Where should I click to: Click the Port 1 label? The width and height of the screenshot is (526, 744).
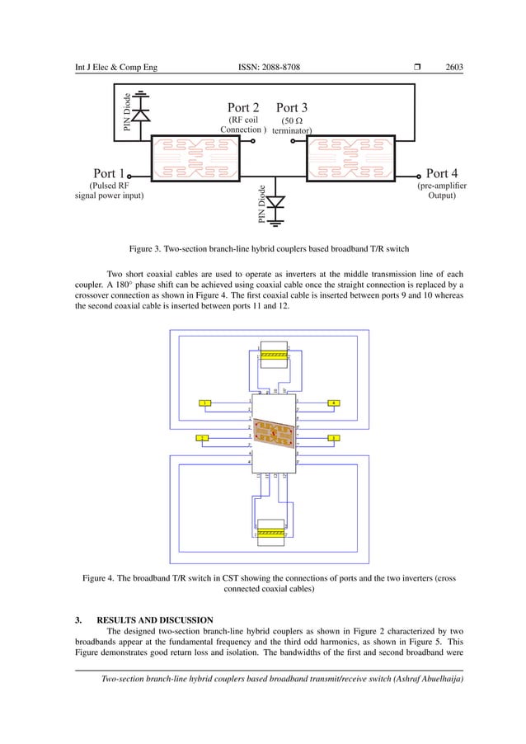(x=109, y=174)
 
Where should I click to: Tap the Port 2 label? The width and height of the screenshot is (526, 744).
(x=243, y=107)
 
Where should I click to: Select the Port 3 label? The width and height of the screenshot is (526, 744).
(x=292, y=107)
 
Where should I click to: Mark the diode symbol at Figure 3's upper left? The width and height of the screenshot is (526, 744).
(x=142, y=115)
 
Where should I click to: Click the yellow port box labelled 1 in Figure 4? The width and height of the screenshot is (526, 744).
(x=205, y=403)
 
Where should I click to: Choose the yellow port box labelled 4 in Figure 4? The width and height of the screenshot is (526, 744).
(x=333, y=403)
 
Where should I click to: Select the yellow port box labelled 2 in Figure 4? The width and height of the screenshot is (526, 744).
(x=202, y=437)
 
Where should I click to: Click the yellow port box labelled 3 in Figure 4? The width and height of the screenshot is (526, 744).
(x=333, y=437)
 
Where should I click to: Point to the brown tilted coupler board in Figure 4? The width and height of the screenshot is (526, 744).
(x=273, y=435)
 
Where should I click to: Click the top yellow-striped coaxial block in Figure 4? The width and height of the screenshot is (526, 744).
(x=272, y=353)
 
